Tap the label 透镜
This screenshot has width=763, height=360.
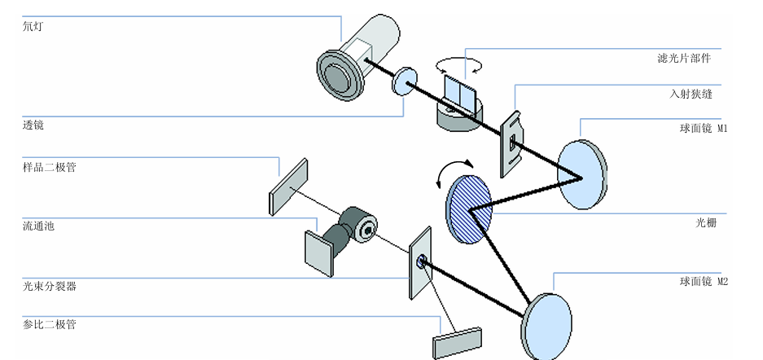[33, 125]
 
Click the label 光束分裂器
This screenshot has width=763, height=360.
[50, 286]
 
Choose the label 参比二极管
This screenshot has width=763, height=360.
[50, 325]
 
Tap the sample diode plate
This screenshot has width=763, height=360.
[289, 187]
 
